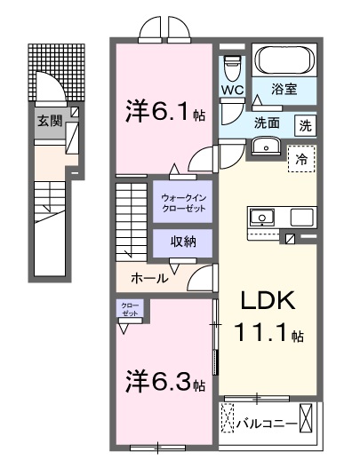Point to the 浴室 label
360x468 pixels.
[285, 90]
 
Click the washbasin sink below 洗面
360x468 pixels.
[267, 147]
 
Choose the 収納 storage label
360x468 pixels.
[183, 242]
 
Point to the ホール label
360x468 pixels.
[148, 277]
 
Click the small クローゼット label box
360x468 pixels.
[131, 309]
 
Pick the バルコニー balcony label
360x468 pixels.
[266, 424]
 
